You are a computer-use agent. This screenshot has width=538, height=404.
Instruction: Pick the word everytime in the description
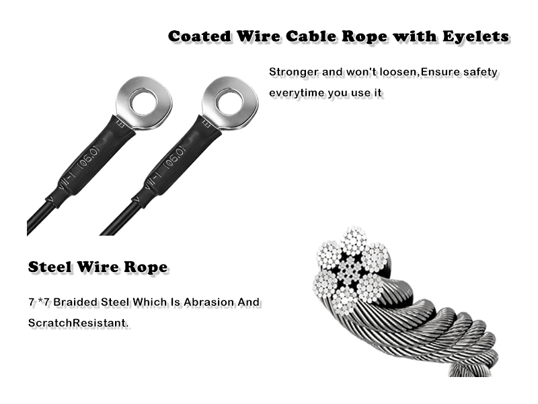(297, 93)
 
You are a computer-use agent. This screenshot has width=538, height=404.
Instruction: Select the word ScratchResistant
(78, 323)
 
